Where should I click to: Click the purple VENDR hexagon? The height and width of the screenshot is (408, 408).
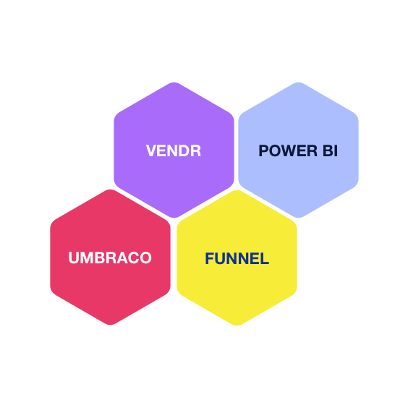pyautogui.click(x=174, y=150)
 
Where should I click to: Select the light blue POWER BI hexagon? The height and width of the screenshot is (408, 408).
pyautogui.click(x=298, y=150)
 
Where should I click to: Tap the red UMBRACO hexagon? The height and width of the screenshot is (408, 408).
pyautogui.click(x=111, y=257)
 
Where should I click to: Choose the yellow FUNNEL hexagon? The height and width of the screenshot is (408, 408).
pyautogui.click(x=237, y=258)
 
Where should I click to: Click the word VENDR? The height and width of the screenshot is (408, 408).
pyautogui.click(x=174, y=150)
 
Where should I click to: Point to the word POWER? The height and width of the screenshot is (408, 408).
pyautogui.click(x=288, y=150)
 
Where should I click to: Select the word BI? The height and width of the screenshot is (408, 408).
pyautogui.click(x=330, y=150)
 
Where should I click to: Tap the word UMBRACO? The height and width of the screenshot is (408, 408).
pyautogui.click(x=110, y=258)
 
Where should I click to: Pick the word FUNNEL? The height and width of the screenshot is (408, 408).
pyautogui.click(x=237, y=258)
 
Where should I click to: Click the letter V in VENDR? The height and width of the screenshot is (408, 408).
pyautogui.click(x=151, y=150)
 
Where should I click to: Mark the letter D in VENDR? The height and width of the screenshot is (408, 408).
pyautogui.click(x=184, y=150)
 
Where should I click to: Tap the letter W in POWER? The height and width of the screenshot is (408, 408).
pyautogui.click(x=289, y=150)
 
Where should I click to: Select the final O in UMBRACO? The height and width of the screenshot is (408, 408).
pyautogui.click(x=145, y=258)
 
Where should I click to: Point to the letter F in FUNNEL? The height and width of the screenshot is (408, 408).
pyautogui.click(x=209, y=258)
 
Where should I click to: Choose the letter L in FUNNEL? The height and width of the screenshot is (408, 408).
pyautogui.click(x=264, y=258)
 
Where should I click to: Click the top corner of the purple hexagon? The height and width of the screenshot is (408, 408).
pyautogui.click(x=174, y=82)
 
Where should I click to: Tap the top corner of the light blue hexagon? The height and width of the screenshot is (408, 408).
pyautogui.click(x=298, y=82)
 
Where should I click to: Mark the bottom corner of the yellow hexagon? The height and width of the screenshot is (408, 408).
pyautogui.click(x=237, y=325)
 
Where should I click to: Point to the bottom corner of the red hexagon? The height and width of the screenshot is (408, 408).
pyautogui.click(x=111, y=325)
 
